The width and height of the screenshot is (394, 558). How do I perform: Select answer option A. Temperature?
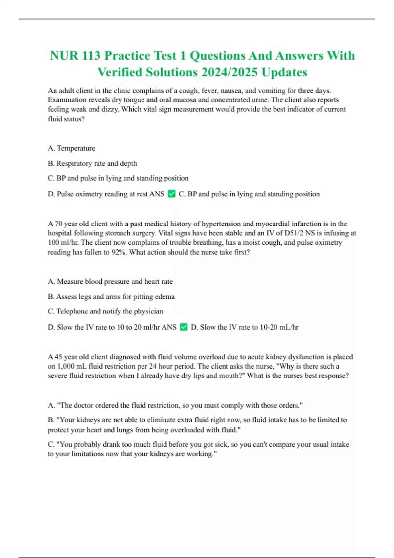(71, 148)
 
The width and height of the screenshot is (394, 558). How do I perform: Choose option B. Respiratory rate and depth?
(92, 163)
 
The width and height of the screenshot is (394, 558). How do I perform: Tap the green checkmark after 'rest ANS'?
(172, 194)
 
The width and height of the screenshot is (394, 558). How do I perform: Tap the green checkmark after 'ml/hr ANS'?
(184, 327)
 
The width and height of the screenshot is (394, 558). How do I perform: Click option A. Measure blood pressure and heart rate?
(110, 282)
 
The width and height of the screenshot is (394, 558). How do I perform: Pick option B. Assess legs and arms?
(111, 297)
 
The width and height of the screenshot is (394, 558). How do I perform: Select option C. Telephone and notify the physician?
(105, 311)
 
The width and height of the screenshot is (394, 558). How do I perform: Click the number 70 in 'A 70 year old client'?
(58, 224)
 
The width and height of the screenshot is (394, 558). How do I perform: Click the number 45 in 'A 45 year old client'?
(58, 357)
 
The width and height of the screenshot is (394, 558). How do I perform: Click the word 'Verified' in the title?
(120, 72)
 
